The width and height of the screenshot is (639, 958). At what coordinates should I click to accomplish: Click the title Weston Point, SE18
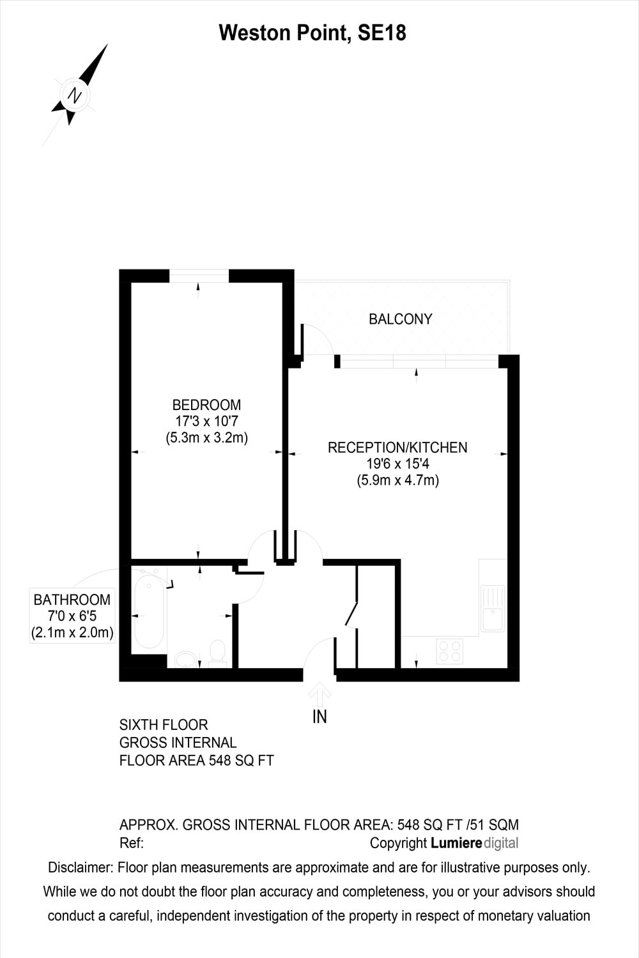coord(312,33)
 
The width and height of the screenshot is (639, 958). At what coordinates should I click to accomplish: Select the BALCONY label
coord(400,319)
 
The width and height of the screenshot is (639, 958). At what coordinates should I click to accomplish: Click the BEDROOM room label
coord(206,404)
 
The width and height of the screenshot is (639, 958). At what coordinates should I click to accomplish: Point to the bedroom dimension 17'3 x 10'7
coord(206,422)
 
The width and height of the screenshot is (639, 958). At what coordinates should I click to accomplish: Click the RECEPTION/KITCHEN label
coord(397,447)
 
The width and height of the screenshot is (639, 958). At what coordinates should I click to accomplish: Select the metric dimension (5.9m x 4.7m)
coord(398,480)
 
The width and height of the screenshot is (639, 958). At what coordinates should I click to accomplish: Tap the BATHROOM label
coord(72,600)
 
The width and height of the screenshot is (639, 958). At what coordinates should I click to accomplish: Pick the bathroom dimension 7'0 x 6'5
coord(72,616)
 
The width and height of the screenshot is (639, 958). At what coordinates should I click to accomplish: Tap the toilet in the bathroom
coord(217,653)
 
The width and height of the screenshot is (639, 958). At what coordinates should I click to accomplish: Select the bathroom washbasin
coord(185,659)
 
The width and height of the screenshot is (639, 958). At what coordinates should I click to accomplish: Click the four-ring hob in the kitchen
coord(449,651)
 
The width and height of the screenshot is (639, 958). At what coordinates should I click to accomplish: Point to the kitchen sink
coord(493,608)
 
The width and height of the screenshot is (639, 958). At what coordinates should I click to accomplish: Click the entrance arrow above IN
coord(319,693)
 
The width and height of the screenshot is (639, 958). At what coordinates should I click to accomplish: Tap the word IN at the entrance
coord(319,717)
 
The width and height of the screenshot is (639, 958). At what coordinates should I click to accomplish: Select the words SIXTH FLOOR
coord(164,724)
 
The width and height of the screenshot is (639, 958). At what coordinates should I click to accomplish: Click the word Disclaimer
coord(81,867)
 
